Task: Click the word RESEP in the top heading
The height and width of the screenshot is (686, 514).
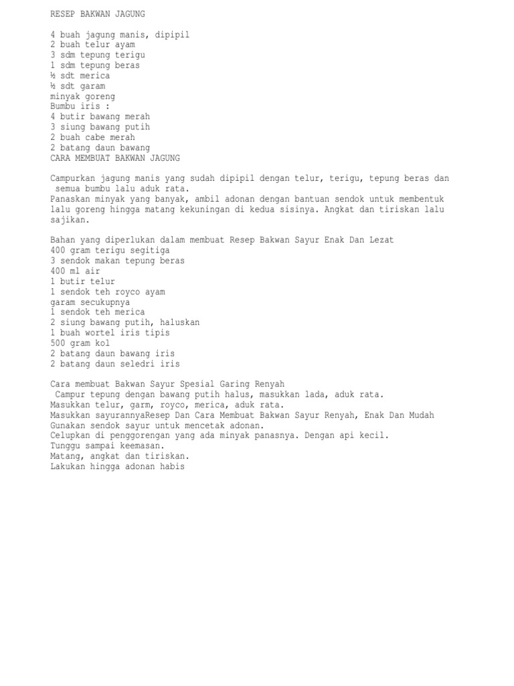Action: pyautogui.click(x=63, y=14)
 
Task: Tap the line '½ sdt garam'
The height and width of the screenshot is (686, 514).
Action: pyautogui.click(x=78, y=86)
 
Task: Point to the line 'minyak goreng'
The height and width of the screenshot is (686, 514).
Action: pyautogui.click(x=83, y=96)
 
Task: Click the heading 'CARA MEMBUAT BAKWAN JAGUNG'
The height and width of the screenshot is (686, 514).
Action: pyautogui.click(x=115, y=158)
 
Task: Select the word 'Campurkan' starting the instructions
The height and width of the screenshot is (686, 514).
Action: pyautogui.click(x=73, y=179)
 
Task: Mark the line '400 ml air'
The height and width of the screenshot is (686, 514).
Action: pyautogui.click(x=75, y=271)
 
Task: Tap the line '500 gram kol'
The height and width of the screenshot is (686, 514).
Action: pyautogui.click(x=80, y=343)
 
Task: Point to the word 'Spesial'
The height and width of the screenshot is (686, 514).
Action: pyautogui.click(x=198, y=384)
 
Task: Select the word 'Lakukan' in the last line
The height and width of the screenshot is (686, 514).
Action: pyautogui.click(x=68, y=466)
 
